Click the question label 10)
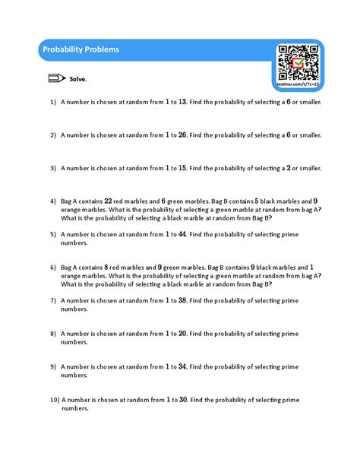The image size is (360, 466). [54, 399]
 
